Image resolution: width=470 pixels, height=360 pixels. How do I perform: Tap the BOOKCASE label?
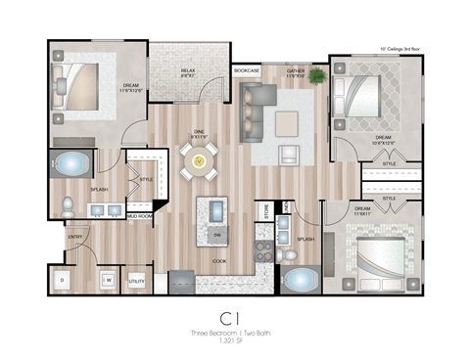pos(247,71)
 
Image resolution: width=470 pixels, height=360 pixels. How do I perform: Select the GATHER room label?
pos(296,72)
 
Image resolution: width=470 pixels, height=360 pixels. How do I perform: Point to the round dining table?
pos(199,160)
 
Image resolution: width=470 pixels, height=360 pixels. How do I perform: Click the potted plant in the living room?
pos(317,75)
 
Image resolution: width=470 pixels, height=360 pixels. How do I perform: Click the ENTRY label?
pos(74,237)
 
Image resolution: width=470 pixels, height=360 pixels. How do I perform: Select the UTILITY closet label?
pos(136,281)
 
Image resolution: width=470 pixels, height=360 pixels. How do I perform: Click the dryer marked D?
pos(63,281)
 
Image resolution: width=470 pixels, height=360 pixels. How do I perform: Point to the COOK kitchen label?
pos(220,261)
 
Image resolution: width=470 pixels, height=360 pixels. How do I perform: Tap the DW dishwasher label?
pos(215,236)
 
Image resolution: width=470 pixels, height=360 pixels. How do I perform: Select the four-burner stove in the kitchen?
pos(264,251)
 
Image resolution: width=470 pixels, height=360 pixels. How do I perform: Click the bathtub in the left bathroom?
pos(71,164)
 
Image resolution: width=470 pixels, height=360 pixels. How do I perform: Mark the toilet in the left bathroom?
pos(69,206)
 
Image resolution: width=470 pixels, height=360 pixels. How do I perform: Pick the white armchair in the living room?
pos(289,155)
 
